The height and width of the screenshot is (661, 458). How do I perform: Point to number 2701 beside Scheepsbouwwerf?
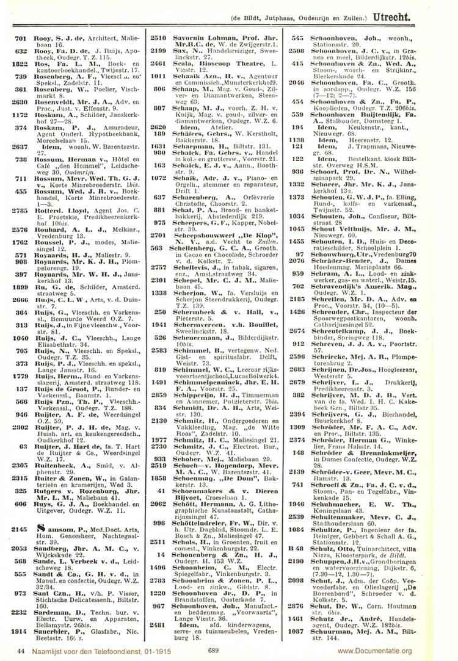click(x=159, y=234)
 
